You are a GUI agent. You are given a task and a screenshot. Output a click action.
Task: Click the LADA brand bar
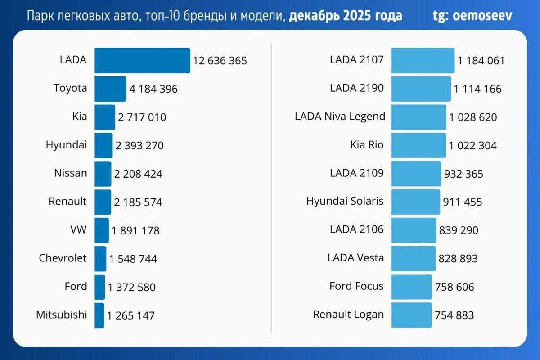(x=142, y=60)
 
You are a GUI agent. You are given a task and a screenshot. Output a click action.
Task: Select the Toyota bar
(x=110, y=89)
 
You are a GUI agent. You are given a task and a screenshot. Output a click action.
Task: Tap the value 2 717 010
(x=142, y=117)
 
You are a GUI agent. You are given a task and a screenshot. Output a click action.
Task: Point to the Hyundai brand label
(x=67, y=145)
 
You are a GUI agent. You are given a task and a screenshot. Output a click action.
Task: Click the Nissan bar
(x=103, y=174)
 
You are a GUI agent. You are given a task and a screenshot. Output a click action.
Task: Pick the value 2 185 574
(x=138, y=202)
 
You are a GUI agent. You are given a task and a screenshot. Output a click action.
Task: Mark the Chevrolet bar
(x=100, y=258)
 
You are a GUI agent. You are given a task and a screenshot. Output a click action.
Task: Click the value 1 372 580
(x=131, y=287)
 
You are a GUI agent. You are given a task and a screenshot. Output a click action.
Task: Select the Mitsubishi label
(x=62, y=314)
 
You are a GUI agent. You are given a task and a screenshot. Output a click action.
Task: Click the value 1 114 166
(x=477, y=89)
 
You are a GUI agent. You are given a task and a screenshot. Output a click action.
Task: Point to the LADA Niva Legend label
(x=340, y=117)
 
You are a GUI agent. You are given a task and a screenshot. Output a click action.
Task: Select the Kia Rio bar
(x=418, y=145)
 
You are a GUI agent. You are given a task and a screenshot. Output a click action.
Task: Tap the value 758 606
(x=454, y=287)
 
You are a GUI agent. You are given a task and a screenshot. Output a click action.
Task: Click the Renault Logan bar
(x=411, y=315)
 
